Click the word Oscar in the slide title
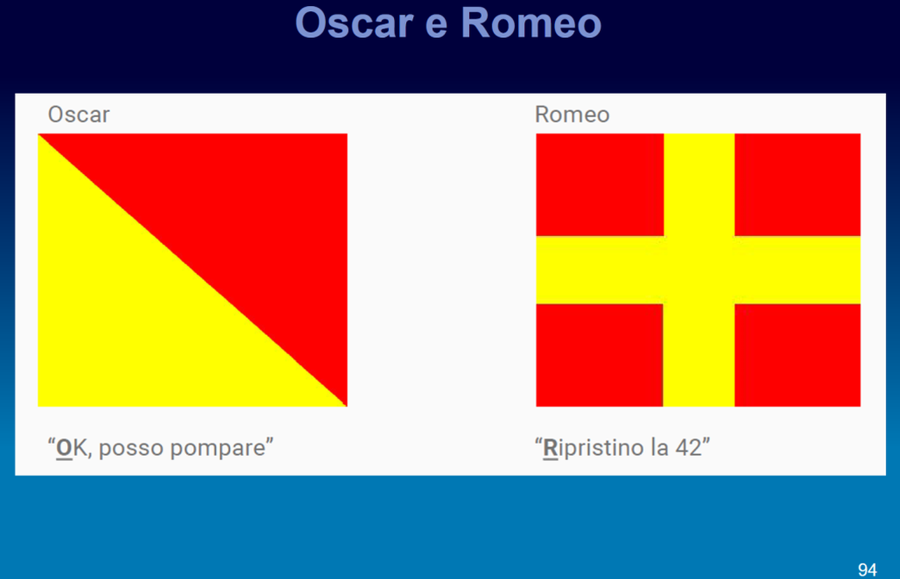pos(353,23)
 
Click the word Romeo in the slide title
pos(531,23)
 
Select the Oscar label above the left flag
pos(78,115)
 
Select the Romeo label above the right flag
pos(572,115)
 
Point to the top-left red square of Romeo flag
pos(600,184)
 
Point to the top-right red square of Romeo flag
pos(797,184)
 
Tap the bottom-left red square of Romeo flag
pos(599,355)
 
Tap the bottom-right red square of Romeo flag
pos(797,355)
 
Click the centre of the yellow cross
pos(699,270)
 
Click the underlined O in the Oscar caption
pos(65,448)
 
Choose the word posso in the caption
pos(131,449)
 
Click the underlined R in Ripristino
pos(550,448)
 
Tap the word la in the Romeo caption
pos(659,448)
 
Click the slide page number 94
pos(867,570)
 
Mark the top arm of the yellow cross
pos(699,184)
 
